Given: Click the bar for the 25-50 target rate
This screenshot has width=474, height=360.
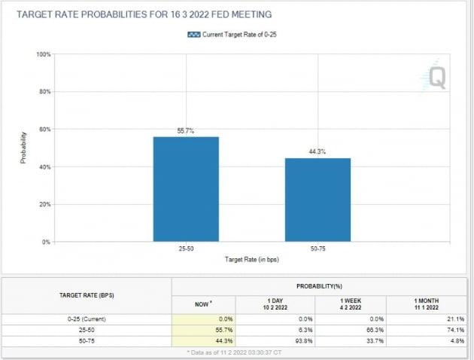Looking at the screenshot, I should point(186,189).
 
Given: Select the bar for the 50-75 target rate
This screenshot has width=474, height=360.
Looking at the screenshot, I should point(318,200).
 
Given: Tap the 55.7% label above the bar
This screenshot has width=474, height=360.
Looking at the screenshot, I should point(186,130).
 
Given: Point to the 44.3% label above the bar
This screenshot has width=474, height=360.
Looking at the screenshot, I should point(318,152).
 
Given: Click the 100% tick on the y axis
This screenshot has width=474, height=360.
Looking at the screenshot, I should point(43,54).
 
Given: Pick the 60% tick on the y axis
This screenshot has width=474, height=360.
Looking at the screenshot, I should point(44,130).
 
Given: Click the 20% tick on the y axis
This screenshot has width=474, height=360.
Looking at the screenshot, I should point(44,204).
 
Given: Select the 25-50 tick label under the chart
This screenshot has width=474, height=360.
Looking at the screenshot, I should point(186,248).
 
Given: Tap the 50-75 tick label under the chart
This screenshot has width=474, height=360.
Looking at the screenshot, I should point(318,248).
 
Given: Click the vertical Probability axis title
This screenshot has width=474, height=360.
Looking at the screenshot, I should point(23,148).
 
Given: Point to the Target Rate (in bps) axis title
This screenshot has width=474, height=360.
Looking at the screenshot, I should point(252,259).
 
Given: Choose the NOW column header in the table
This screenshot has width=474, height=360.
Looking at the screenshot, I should point(203,303).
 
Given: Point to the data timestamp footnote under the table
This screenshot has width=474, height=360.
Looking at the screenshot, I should point(235,352).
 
